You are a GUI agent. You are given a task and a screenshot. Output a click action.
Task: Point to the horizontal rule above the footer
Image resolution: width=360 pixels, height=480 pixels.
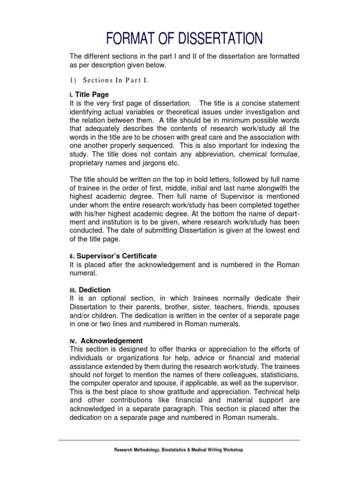[x=179, y=440]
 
